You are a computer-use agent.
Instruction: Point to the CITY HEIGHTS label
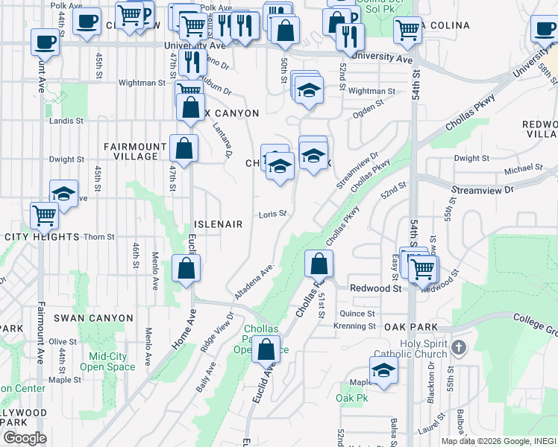click(42, 237)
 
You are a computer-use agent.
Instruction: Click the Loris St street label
click(273, 215)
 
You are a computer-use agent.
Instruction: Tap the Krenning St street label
click(355, 326)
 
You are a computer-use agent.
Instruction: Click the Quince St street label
click(357, 314)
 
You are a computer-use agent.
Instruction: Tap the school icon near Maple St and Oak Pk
click(383, 370)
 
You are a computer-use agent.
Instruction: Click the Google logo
click(24, 438)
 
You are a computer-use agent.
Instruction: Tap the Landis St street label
click(66, 121)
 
